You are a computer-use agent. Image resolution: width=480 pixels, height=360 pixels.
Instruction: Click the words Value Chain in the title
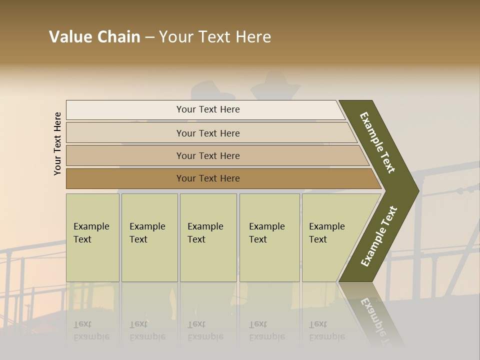[x=94, y=37]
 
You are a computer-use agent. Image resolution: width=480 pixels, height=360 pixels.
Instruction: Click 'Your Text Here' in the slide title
[x=215, y=37]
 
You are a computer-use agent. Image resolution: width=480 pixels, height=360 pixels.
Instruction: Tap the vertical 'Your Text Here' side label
[x=57, y=143]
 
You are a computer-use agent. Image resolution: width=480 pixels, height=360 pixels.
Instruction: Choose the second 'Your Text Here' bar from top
[x=208, y=133]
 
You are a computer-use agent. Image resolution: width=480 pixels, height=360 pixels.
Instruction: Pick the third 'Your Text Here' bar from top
[x=208, y=155]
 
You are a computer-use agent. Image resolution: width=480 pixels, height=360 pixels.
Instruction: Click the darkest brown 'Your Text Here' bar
[x=208, y=178]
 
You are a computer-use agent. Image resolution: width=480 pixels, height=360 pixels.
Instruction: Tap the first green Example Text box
[x=92, y=237]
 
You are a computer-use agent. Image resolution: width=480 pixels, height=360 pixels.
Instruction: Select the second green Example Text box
[x=149, y=237]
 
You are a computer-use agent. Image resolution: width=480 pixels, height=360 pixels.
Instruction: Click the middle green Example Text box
[x=208, y=237]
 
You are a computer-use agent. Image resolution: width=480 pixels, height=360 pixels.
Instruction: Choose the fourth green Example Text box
[x=269, y=237]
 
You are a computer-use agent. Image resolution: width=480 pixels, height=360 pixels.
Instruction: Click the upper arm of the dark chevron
[x=377, y=142]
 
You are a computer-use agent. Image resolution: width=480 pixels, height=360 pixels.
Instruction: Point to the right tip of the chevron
[x=416, y=190]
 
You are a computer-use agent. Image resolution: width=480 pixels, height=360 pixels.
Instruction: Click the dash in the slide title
[x=149, y=37]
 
